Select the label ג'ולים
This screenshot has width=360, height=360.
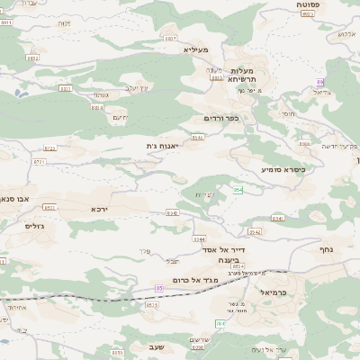point(35,226)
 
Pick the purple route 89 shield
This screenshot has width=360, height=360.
point(320,82)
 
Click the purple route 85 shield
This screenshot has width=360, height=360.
point(159,288)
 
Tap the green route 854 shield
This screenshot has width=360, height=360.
point(238,190)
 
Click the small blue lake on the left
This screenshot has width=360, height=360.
point(4,342)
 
